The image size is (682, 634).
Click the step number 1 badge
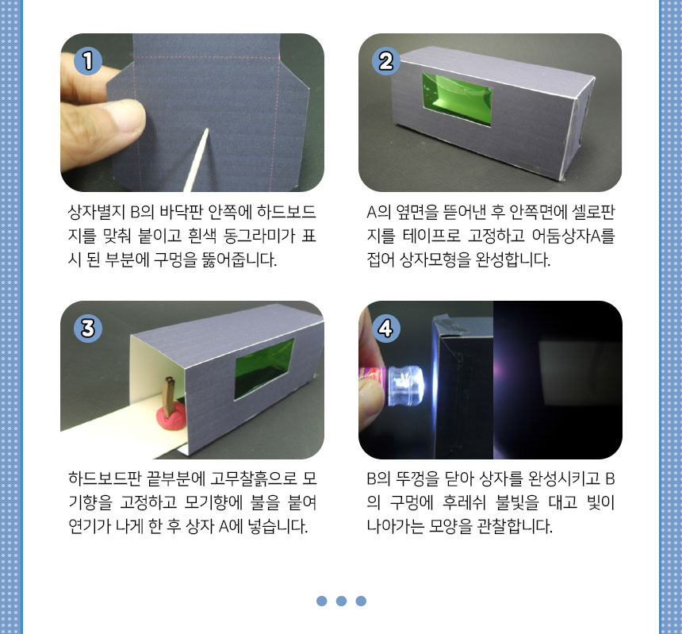coord(88,60)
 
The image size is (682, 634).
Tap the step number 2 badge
coord(385,60)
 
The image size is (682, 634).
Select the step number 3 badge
coord(88,328)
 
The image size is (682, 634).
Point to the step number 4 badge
coord(385,328)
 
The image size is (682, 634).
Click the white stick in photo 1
coord(196,159)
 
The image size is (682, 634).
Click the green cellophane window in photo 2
coord(457,100)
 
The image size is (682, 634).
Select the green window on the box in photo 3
coord(264,369)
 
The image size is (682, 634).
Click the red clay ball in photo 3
coord(171,416)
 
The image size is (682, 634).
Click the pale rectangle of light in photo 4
coord(577,374)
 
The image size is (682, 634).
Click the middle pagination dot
coord(342,601)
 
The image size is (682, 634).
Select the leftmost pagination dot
coord(322,601)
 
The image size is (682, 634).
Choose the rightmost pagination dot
coord(361,601)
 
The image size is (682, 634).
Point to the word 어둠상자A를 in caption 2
coord(573,236)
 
